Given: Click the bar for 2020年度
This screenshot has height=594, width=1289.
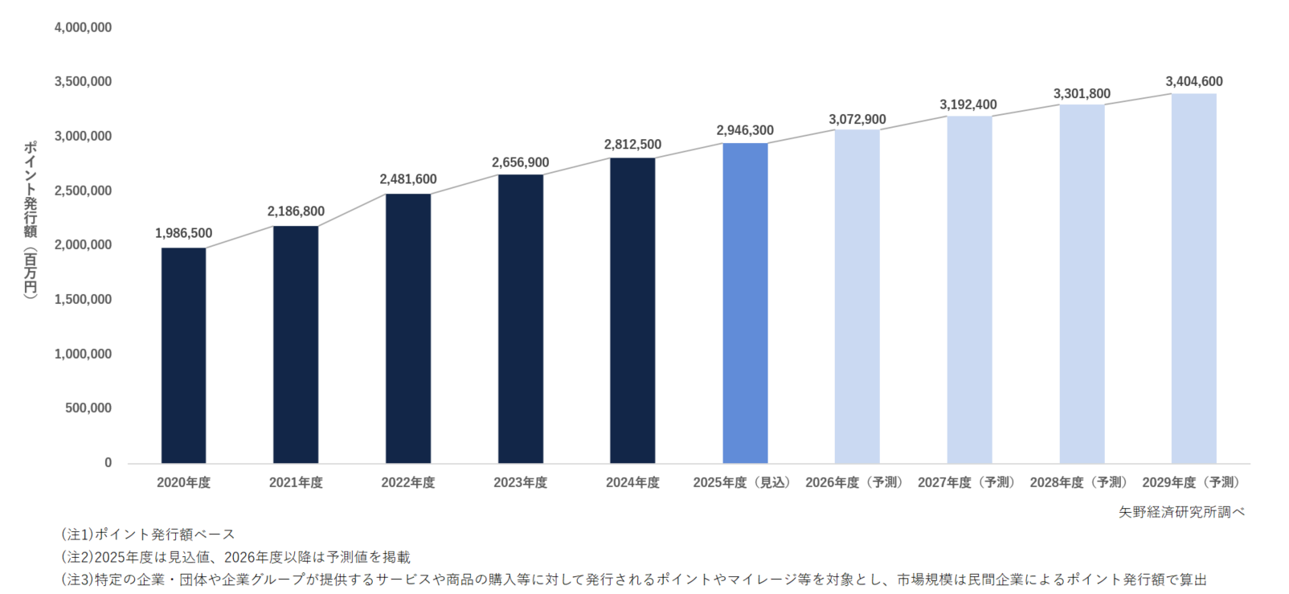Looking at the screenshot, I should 183,355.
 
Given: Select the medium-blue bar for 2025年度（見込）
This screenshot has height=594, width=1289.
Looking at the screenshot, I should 745,303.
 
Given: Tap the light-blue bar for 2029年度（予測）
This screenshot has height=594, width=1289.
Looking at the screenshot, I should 1193,278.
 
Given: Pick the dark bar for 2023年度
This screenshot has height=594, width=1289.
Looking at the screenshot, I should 520,318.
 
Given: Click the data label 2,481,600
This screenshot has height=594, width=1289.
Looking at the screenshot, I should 408,179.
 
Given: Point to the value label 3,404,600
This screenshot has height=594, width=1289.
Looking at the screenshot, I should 1194,81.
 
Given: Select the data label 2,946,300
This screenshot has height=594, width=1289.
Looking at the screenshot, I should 745,130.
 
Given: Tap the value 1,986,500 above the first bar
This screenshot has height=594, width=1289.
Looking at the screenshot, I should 183,233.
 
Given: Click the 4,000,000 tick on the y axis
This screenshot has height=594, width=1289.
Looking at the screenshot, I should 83,27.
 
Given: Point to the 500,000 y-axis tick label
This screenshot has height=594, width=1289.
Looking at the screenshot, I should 88,408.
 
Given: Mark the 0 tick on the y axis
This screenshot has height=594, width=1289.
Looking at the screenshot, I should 108,463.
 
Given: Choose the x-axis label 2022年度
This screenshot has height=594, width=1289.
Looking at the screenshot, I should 408,482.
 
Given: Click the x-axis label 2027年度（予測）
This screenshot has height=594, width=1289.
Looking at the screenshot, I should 968,482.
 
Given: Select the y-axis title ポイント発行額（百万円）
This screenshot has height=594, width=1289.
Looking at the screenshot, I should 30,219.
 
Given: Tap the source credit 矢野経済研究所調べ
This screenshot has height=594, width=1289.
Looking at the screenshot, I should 1181,512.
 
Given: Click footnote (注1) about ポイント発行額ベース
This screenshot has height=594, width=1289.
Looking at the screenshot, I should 148,535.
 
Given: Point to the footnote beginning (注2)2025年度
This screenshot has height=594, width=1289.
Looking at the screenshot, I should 235,557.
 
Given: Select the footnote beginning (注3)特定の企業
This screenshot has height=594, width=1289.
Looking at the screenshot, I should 633,580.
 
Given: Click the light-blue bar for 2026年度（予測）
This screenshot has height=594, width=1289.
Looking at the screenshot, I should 857,297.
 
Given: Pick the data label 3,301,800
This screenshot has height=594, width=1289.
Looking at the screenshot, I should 1082,93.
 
